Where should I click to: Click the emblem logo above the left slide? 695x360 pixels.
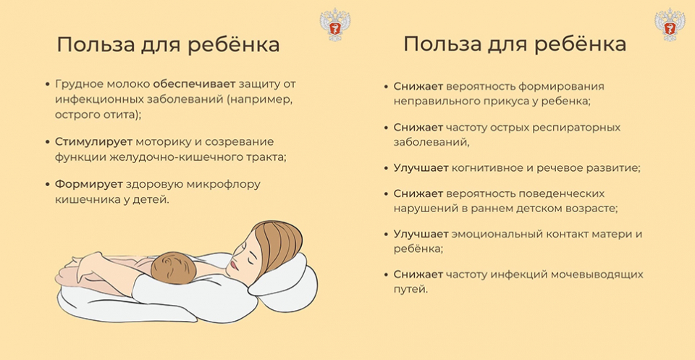pyautogui.click(x=334, y=25)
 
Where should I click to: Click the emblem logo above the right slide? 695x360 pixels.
pyautogui.click(x=670, y=25)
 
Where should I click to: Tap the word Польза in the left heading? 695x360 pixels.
pyautogui.click(x=88, y=45)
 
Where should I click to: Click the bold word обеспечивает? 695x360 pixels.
pyautogui.click(x=194, y=84)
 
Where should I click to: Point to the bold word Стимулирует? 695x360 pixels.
pyautogui.click(x=93, y=142)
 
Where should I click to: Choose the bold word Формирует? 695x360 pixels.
pyautogui.click(x=88, y=185)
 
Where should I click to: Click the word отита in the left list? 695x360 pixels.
pyautogui.click(x=119, y=114)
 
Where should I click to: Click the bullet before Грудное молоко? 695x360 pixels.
pyautogui.click(x=48, y=84)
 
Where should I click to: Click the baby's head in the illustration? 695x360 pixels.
pyautogui.click(x=174, y=268)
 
